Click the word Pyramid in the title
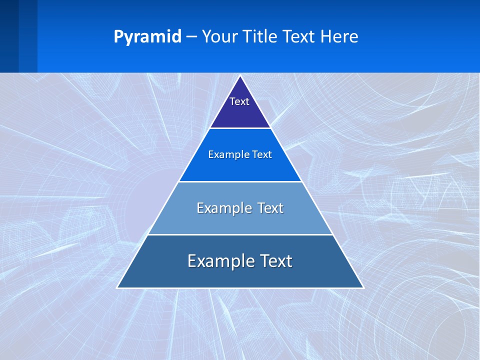click(x=147, y=37)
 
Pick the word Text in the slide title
click(x=300, y=37)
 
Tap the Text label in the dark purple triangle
click(x=239, y=101)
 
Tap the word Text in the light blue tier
click(x=270, y=208)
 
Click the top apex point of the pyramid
click(x=240, y=76)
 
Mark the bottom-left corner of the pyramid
click(x=117, y=287)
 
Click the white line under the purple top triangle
click(x=240, y=128)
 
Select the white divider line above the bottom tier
click(x=240, y=234)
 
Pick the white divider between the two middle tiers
click(x=240, y=181)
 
